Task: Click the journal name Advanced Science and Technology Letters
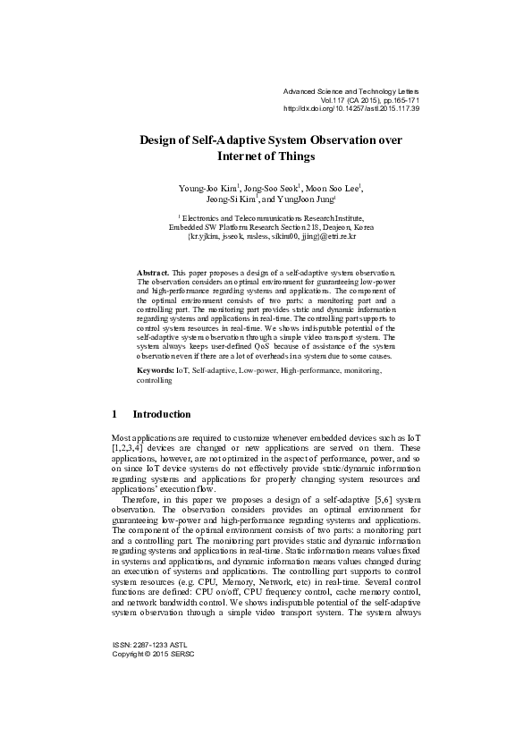(x=350, y=91)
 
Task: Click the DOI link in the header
(x=350, y=108)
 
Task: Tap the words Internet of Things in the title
(x=266, y=156)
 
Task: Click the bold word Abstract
(x=152, y=270)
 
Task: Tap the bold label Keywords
(x=155, y=369)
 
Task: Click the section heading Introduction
(x=161, y=415)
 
